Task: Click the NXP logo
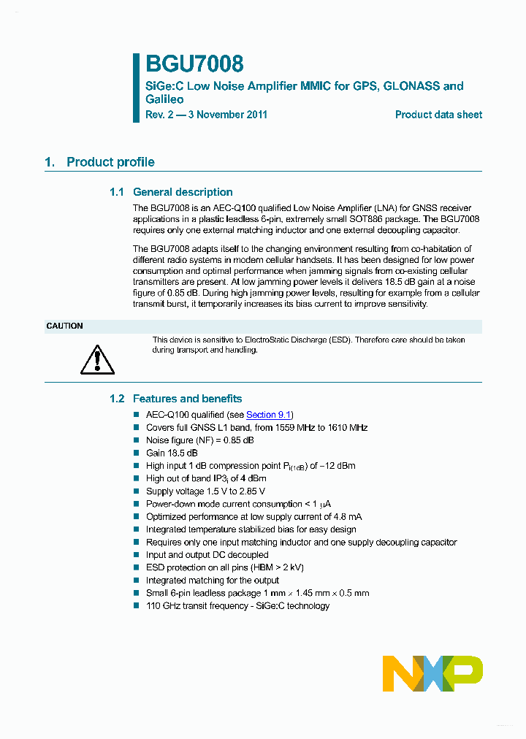pos(432,673)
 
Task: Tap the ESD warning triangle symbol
pos(97,359)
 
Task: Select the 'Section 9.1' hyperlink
pos(269,415)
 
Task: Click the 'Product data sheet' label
pos(438,115)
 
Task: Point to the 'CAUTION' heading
pos(64,326)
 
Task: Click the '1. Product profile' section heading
pos(100,162)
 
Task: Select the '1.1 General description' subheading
pos(171,192)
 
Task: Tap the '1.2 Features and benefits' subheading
pos(175,399)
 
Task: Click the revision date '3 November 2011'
pos(227,115)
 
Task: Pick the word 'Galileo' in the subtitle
pos(164,99)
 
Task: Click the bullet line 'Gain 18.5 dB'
pos(172,453)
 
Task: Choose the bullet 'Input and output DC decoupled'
pos(207,555)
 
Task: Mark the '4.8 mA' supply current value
pos(346,517)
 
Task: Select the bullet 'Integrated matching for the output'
pos(212,581)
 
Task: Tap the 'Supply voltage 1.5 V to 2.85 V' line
pos(205,491)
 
